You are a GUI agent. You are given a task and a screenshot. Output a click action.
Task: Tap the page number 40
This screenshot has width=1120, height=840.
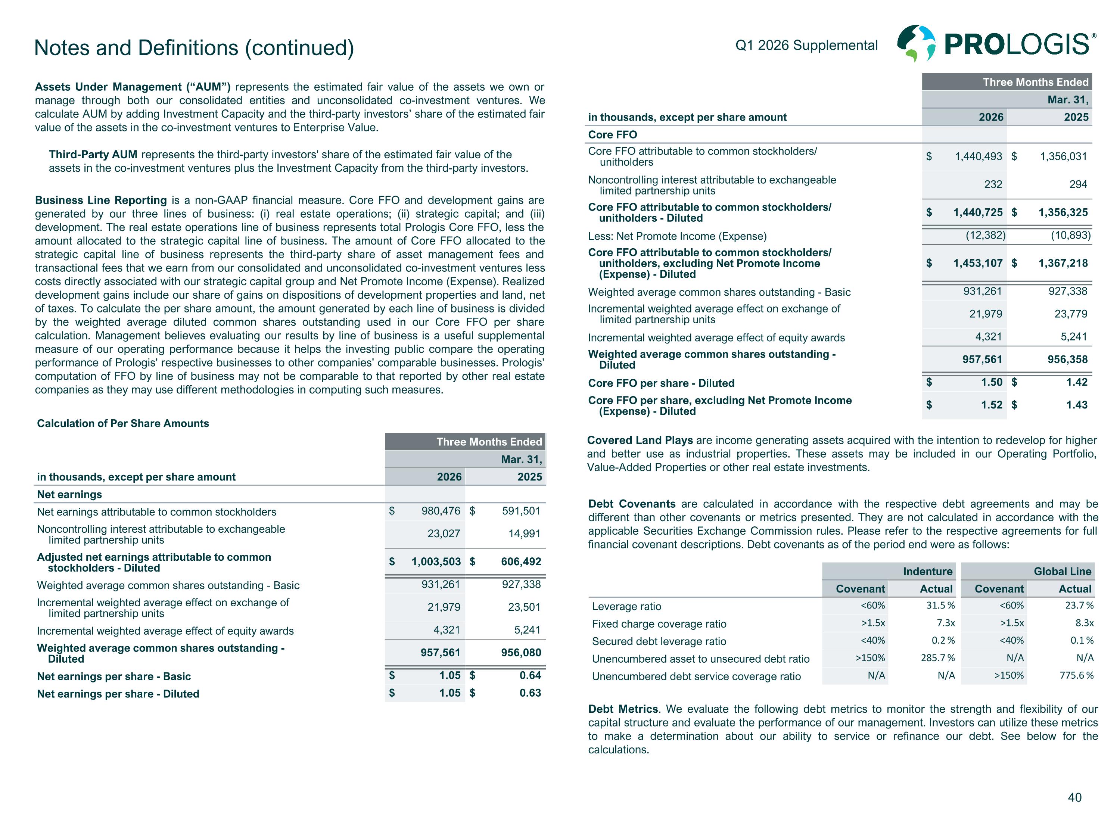1074,797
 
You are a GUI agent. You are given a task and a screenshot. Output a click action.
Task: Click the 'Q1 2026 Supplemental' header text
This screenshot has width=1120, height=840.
806,46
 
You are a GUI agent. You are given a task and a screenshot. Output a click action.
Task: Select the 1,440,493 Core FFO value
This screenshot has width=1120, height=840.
978,156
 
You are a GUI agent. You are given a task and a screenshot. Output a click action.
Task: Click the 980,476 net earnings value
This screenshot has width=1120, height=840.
441,511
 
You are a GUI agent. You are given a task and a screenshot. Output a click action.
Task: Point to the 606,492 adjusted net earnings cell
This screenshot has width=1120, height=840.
521,561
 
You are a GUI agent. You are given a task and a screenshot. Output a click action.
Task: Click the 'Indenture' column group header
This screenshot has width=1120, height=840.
928,572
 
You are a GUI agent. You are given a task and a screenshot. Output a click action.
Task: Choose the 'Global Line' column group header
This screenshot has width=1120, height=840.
1062,572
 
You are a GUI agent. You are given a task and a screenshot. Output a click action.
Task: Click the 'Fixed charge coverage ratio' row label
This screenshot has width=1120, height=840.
659,624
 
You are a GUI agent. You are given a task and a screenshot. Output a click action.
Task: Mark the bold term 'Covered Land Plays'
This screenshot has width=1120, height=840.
640,441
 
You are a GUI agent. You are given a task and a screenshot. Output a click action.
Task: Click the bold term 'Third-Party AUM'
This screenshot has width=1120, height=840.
93,155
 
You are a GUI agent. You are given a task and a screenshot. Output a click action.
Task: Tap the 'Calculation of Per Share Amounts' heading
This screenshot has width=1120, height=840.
123,423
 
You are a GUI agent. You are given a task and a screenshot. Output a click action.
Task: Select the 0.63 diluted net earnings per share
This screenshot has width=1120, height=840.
530,693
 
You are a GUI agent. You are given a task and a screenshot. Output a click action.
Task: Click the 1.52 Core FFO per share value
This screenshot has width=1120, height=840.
992,405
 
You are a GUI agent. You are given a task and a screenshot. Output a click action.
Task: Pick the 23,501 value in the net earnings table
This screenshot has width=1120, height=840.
524,607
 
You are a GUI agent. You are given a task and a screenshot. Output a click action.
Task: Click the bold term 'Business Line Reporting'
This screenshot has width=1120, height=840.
101,200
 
